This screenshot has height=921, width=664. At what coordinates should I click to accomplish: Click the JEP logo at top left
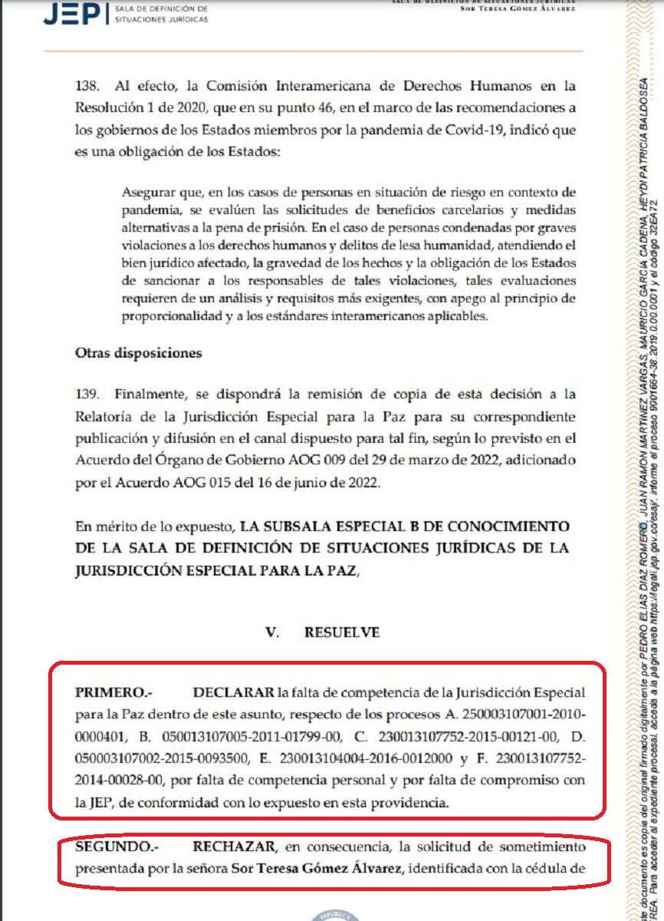point(74,13)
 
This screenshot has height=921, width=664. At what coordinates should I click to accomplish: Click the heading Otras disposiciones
point(138,353)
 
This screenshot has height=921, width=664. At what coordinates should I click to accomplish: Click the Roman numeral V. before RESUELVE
point(271,632)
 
